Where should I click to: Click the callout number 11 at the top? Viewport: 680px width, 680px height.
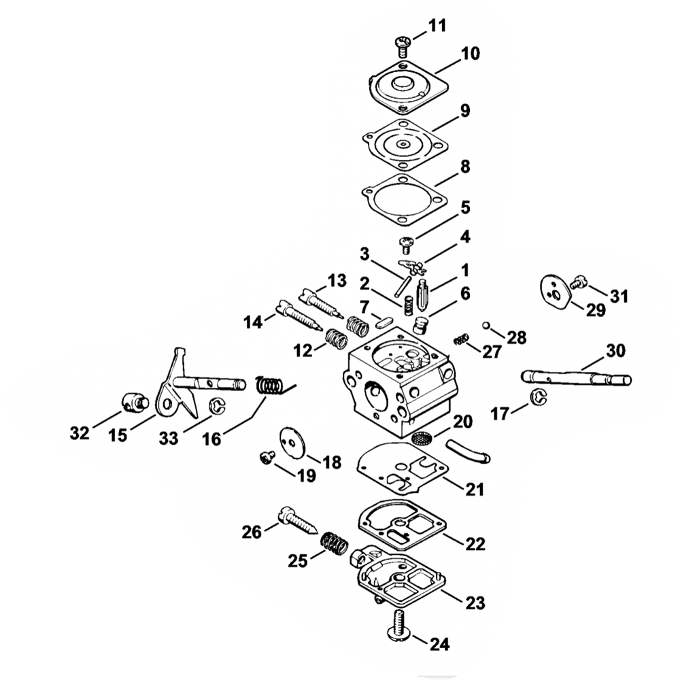(437, 26)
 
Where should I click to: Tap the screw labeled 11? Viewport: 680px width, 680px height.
(403, 47)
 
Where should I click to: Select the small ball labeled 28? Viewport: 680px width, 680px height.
(486, 325)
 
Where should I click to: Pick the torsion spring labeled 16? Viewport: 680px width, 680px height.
(273, 385)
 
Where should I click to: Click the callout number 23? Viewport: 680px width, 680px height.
(475, 602)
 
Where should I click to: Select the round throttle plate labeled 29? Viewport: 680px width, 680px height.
(556, 292)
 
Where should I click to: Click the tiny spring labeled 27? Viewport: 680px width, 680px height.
(461, 339)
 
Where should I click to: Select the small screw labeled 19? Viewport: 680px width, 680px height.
(267, 458)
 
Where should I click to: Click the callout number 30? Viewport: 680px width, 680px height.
(615, 350)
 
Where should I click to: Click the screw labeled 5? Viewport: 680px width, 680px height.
(407, 245)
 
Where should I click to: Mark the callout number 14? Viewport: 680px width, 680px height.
(253, 322)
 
